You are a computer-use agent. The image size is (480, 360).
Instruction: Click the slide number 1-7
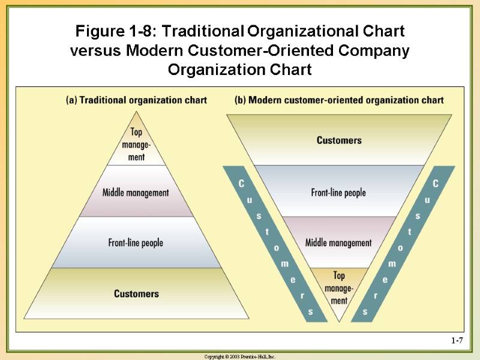[457, 341]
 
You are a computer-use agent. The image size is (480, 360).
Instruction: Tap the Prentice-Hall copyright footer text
[240, 356]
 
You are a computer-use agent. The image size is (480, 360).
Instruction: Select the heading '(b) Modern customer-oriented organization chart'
[339, 100]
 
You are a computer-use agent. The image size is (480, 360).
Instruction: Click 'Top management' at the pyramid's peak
[136, 145]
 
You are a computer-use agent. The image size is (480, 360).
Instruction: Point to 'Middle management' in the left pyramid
[136, 193]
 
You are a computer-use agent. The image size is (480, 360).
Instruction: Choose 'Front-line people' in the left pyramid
[136, 242]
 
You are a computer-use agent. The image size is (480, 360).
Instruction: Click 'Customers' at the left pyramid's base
[136, 293]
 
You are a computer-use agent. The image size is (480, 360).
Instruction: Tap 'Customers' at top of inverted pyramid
[339, 140]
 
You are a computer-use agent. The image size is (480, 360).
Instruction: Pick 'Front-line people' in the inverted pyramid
[338, 193]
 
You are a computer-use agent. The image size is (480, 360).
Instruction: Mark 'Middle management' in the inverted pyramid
[338, 242]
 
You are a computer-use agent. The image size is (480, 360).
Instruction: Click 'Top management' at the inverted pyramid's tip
[339, 287]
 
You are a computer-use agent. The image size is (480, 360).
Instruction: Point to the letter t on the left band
[267, 231]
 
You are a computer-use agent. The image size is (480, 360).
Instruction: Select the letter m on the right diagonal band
[392, 263]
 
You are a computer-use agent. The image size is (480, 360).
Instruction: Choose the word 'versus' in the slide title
[96, 51]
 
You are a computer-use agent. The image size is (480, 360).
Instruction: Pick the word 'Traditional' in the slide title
[199, 31]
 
